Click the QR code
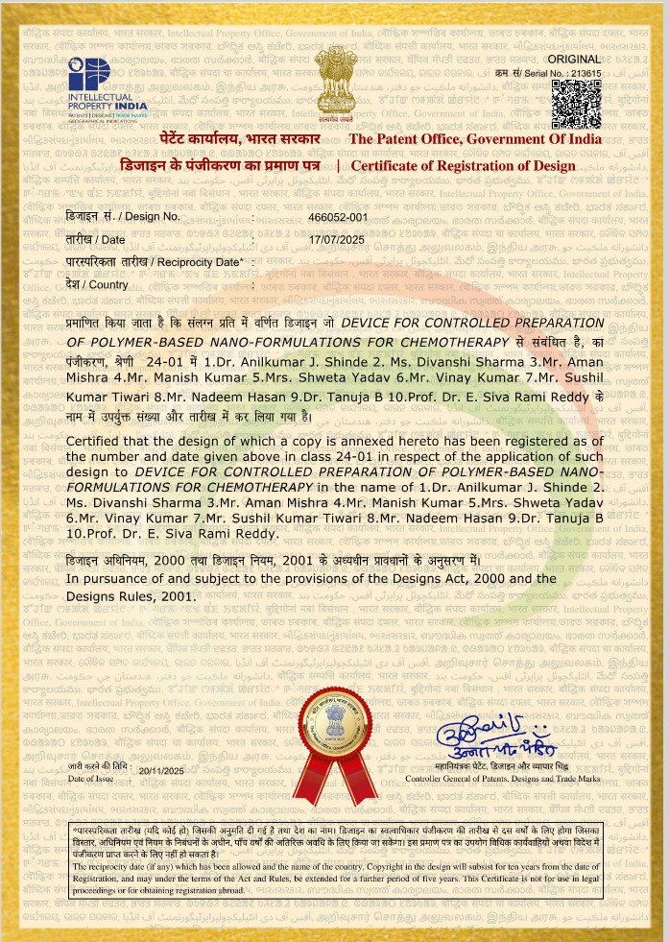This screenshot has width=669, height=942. click(577, 104)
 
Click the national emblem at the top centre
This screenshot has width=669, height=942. click(334, 85)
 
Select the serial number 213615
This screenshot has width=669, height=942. click(584, 73)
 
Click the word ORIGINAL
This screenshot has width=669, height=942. click(579, 60)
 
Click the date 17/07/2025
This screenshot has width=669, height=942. click(335, 239)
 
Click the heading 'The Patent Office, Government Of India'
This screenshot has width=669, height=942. click(475, 139)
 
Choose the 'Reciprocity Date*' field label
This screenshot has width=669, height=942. click(153, 262)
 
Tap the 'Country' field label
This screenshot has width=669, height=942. click(97, 284)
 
